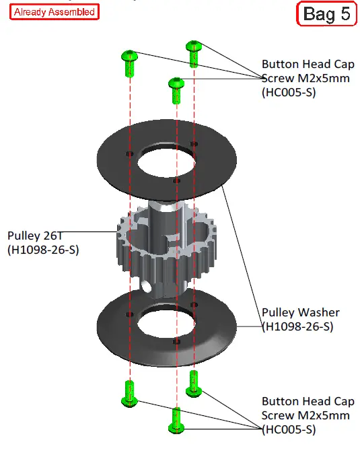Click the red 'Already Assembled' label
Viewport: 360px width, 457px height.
point(54,11)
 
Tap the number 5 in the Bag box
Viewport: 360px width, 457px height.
point(343,14)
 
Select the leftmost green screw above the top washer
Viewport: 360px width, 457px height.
point(129,63)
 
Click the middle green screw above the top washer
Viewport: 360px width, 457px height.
point(176,90)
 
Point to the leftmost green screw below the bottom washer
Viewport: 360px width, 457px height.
point(128,393)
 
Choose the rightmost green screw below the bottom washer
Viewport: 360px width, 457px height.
point(194,382)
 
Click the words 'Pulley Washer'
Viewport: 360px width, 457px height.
point(300,312)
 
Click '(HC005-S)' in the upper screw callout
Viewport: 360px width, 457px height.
point(288,93)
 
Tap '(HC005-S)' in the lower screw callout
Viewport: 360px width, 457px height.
point(288,429)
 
